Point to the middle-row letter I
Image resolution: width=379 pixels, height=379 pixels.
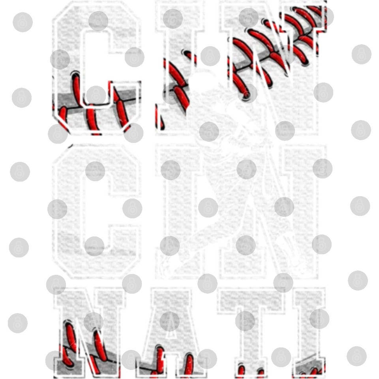point(180,210)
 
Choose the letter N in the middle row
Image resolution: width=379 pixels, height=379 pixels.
point(273,210)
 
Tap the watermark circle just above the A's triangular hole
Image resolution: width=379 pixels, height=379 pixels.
point(169,321)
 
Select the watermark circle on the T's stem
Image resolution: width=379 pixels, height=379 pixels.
point(245,321)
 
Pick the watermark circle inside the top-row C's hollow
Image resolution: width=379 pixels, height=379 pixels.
point(96,95)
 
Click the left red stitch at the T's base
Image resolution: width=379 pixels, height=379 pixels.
point(241,372)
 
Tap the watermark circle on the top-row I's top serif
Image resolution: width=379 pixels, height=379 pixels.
point(173,19)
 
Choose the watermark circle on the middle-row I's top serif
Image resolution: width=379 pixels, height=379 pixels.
point(171,170)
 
